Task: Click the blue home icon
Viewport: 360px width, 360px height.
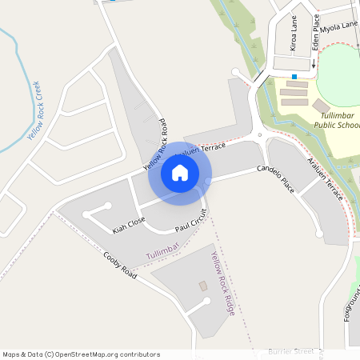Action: tap(180, 173)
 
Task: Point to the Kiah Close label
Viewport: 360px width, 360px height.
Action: tap(128, 225)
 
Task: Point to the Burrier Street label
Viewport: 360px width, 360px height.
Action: tap(290, 351)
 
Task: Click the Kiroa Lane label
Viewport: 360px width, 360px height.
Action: tap(294, 35)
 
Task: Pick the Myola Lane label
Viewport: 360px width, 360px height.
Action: tap(339, 26)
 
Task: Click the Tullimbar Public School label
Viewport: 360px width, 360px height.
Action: tap(334, 121)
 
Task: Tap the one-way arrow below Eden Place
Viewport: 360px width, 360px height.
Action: tap(313, 63)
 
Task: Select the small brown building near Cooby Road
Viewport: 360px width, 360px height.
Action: tap(202, 286)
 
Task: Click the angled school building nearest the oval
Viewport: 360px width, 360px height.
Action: tap(321, 106)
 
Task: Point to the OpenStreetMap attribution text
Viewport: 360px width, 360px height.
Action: tap(81, 354)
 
